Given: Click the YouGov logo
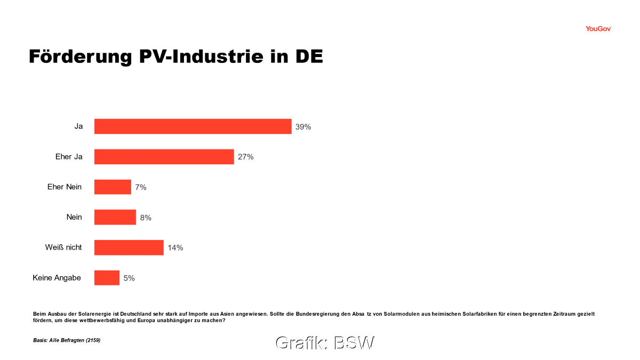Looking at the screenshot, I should coord(598,29).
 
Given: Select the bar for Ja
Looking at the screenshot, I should coord(193,126).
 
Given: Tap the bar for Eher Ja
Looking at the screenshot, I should coord(164,157).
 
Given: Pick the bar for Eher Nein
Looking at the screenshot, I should coord(113,187).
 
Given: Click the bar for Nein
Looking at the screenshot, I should coord(115,217).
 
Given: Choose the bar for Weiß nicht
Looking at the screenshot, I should coord(129,247).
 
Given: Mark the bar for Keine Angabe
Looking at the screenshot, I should coord(107,278).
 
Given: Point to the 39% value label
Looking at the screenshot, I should coord(303,127).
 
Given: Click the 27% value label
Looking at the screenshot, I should coord(245,157).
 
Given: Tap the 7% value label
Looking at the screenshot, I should coord(141,187).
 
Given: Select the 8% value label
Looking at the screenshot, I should coord(146,218).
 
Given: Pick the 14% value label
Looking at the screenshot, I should coord(175,247).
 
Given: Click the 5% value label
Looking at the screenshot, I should coord(129,278).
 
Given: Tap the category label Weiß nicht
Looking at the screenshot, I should coord(63,247).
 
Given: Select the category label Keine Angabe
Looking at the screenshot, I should coord(57,278).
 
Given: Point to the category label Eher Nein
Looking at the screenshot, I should coord(65,187).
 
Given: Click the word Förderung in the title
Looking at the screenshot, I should coord(72,57).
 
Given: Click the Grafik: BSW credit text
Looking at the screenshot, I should coord(325,343).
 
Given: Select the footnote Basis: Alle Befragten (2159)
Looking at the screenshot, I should coord(67,340).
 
